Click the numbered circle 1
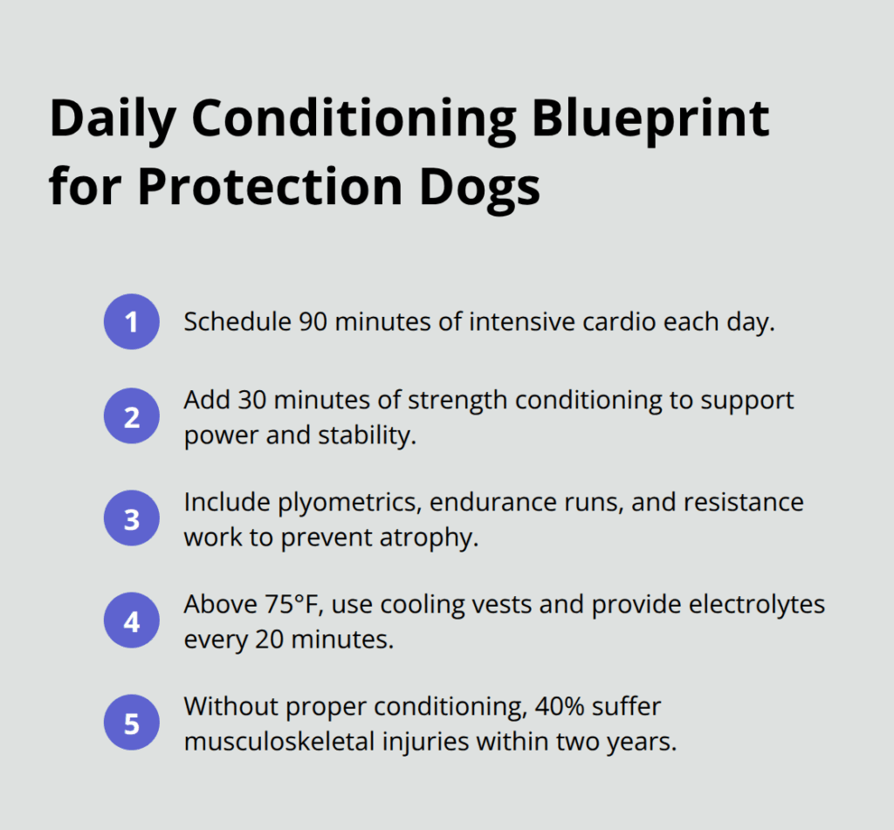(x=131, y=322)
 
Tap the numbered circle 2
(x=131, y=417)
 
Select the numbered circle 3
(x=131, y=519)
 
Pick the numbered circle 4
(x=131, y=621)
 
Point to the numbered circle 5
(x=131, y=723)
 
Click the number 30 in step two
(x=244, y=400)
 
